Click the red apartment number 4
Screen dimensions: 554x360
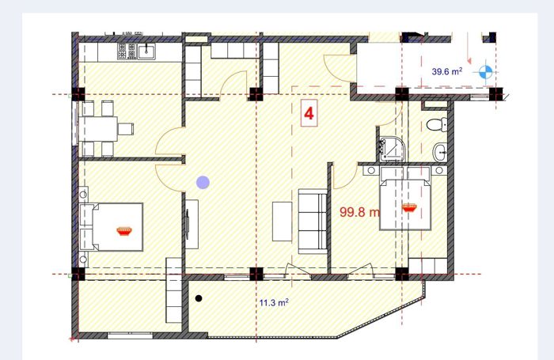click(x=309, y=114)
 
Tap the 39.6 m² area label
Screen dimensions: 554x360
click(x=447, y=71)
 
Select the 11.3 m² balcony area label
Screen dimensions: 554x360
click(x=274, y=303)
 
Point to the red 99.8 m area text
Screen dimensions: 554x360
click(x=359, y=212)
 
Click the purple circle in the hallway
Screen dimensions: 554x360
click(x=203, y=182)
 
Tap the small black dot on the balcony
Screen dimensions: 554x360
click(x=199, y=298)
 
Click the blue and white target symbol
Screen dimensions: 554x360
click(x=485, y=72)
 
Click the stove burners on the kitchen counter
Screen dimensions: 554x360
click(x=127, y=51)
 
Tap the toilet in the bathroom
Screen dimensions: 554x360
click(x=437, y=125)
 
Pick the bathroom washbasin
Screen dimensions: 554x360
click(x=440, y=152)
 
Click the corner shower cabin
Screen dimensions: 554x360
click(x=393, y=150)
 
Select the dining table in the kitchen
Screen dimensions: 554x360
click(x=97, y=129)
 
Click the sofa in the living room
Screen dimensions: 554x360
click(x=313, y=222)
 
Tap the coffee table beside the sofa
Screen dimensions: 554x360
click(x=283, y=222)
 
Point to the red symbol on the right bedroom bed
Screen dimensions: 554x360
click(x=409, y=208)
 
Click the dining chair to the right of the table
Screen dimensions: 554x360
click(x=126, y=129)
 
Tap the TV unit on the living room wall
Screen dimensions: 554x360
click(x=192, y=225)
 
